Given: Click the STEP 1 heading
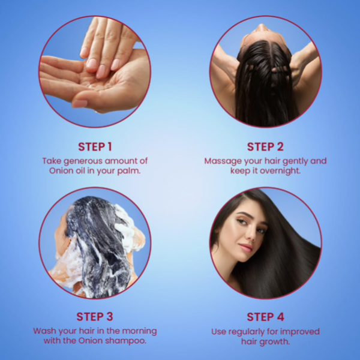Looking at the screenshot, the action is tap(95, 147).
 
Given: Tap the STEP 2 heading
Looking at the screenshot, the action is tap(265, 147).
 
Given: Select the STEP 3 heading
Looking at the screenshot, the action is tap(95, 317).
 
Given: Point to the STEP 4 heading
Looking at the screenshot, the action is tap(265, 317).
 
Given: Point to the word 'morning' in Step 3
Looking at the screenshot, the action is tap(139, 331).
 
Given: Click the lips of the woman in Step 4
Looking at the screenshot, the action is tap(247, 248).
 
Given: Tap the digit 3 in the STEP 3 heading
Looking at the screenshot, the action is tap(110, 317).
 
